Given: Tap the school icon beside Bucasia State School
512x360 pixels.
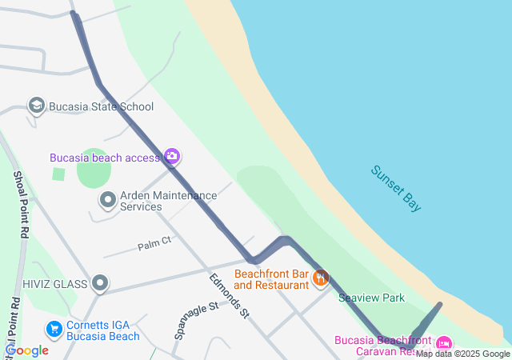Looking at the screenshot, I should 36,106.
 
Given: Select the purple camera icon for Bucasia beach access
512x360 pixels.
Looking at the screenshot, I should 172,156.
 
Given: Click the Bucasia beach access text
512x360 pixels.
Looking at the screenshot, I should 106,158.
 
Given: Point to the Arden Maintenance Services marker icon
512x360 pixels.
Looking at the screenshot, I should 107,200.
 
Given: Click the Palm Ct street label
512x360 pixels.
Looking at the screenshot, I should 154,241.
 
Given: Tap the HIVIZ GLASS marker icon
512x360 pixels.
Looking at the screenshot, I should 100,282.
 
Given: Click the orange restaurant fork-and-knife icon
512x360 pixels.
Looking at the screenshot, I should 321,278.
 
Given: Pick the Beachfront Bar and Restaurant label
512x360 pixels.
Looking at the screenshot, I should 271,279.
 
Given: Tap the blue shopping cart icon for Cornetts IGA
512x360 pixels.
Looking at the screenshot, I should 54,329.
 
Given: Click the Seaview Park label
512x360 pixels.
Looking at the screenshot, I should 371,298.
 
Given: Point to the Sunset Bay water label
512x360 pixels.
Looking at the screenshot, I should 396,188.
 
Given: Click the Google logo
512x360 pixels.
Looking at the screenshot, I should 27,350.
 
